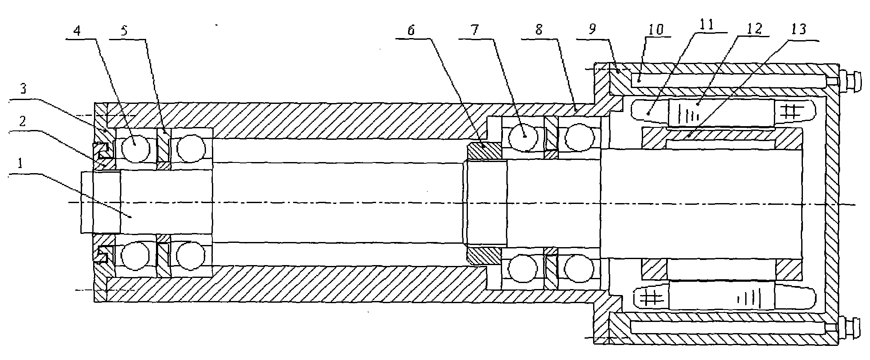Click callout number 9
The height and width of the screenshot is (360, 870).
[x=592, y=30]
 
